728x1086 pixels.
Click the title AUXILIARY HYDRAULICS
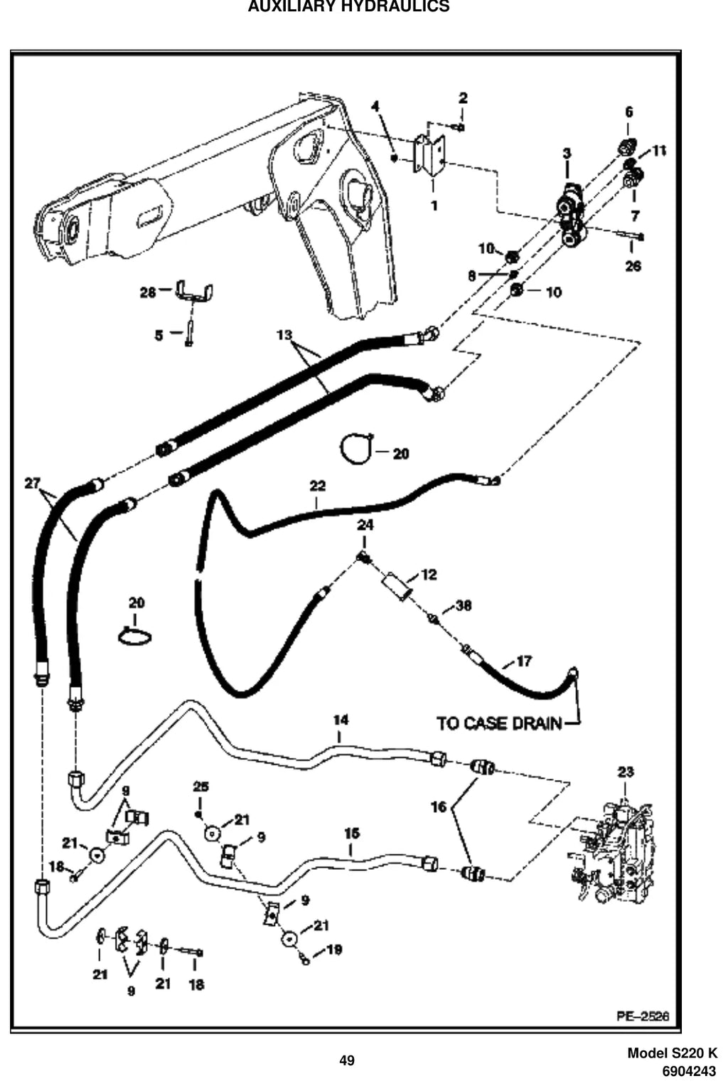point(348,6)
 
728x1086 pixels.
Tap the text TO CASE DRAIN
point(499,723)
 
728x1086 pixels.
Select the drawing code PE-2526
point(643,1016)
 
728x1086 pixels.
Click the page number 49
point(347,1060)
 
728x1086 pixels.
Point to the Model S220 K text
point(673,1053)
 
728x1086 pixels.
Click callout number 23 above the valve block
point(625,772)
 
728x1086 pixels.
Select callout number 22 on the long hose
point(317,485)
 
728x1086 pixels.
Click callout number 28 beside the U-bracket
point(148,292)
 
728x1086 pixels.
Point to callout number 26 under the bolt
point(633,266)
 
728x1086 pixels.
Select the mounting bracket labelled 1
point(429,154)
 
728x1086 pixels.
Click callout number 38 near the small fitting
point(464,605)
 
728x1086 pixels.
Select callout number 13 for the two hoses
point(284,334)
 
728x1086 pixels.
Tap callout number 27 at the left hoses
point(33,484)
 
